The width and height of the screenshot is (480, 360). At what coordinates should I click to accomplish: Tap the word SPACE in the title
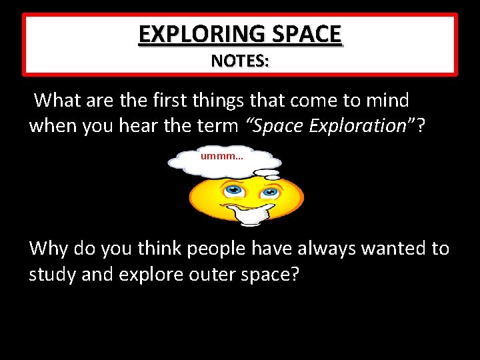coord(307,33)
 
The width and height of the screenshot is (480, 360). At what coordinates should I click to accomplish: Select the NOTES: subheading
coord(240,61)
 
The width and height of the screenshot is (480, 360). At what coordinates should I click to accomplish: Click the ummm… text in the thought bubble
coord(222,157)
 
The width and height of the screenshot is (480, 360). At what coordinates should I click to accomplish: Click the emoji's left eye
coord(233,191)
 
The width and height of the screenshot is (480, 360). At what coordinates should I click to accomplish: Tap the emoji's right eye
coord(269,193)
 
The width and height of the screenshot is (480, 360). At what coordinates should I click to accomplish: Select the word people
coord(209,249)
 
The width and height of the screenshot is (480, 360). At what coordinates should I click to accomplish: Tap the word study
coord(52,274)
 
